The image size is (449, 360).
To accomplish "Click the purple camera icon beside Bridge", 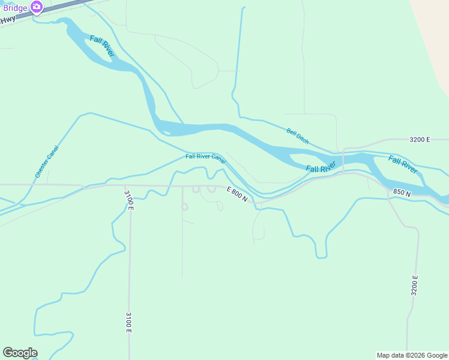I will tap(37, 7).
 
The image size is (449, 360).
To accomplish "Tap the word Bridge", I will tap(15, 8).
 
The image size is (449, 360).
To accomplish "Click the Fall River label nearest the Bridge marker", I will tap(102, 46).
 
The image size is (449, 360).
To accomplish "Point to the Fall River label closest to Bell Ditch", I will tap(319, 169).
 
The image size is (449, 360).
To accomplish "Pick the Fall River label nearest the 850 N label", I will tap(403, 164).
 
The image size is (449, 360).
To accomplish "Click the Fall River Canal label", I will tap(205, 158).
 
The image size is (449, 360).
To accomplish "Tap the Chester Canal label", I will tap(47, 161).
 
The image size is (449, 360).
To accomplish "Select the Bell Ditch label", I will tap(298, 136).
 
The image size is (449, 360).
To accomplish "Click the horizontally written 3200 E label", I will tap(420, 140).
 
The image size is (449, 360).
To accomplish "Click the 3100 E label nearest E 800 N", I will tap(129, 200).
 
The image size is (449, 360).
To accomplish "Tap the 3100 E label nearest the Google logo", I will tap(128, 322).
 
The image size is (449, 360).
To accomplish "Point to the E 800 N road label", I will tap(237, 194).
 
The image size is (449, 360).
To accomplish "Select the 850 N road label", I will tap(402, 193).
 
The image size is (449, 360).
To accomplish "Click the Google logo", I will tap(20, 353).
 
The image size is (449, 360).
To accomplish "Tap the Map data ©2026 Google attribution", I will tap(412, 355).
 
